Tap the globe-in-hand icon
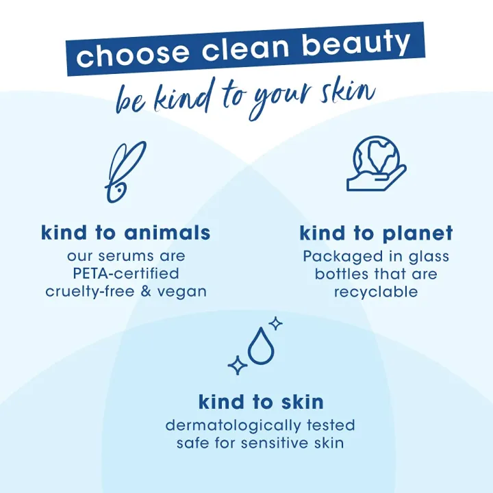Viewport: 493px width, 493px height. (376, 163)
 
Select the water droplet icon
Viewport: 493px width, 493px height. (260, 347)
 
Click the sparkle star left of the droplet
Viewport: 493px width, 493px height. (238, 365)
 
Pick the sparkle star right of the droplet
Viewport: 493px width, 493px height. (275, 323)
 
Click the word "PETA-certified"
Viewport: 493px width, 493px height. (126, 273)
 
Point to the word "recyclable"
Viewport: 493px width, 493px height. (376, 292)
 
